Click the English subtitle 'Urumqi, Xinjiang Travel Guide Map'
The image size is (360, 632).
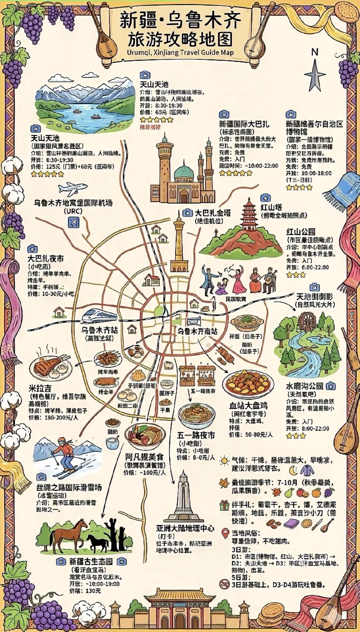[x=180, y=52]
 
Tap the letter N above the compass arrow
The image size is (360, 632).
[x=314, y=52]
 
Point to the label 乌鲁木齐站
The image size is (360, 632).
[x=99, y=330]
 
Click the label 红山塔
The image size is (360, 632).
[x=271, y=207]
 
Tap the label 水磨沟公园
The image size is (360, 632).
[x=304, y=386]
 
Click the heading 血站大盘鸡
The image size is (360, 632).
[x=248, y=405]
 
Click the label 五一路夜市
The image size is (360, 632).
[x=196, y=435]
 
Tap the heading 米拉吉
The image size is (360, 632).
[x=40, y=388]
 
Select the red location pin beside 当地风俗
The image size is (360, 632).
[x=225, y=533]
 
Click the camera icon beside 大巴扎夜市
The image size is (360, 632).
[x=32, y=249]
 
